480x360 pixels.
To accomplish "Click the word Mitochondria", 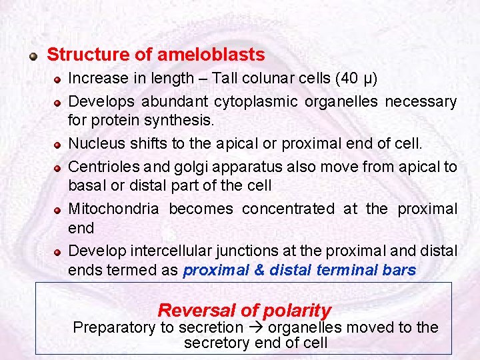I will (114, 209).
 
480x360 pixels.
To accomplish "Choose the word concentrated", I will (288, 209).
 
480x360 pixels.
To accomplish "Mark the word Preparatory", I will (113, 327).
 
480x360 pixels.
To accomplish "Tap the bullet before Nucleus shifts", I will (59, 145).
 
